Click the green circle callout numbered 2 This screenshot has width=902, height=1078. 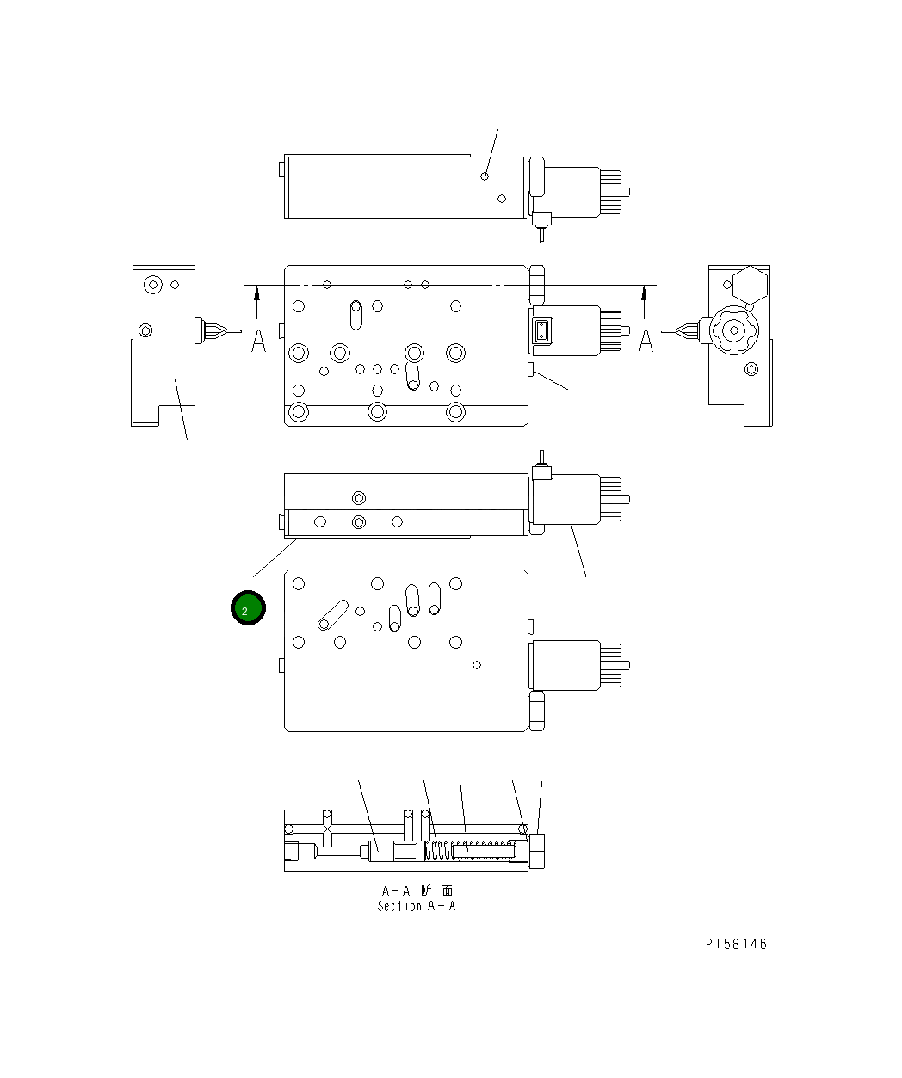tap(248, 609)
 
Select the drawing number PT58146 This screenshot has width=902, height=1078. tap(735, 944)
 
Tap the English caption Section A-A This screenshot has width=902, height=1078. tap(417, 906)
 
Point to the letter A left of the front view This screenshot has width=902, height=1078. tap(258, 340)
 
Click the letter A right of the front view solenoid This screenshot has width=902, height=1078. tap(646, 340)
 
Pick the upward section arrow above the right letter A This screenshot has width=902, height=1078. tap(645, 302)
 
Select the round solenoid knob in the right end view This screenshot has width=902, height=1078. tap(732, 330)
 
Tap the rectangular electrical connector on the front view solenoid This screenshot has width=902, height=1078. tap(541, 331)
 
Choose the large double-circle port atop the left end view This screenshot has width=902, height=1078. tap(153, 284)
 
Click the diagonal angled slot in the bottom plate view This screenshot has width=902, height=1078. tap(332, 615)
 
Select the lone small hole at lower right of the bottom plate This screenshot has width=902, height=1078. tap(477, 664)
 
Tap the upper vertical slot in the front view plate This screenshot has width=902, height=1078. tap(355, 314)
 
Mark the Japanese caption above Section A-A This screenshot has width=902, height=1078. tap(417, 891)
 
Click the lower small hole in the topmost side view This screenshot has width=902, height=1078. tap(502, 199)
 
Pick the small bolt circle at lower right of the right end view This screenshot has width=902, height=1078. tap(751, 369)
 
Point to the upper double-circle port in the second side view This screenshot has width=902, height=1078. tap(359, 497)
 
